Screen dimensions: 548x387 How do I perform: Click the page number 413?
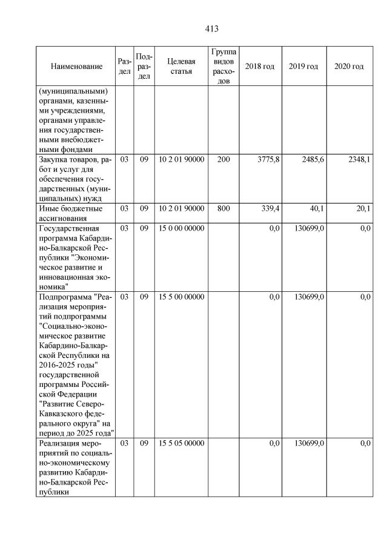click(211, 29)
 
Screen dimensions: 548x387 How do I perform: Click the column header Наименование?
click(76, 66)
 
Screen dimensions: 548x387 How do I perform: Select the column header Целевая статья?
click(182, 66)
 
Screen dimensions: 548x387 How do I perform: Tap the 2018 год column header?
click(259, 66)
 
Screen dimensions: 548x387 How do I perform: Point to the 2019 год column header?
click(303, 66)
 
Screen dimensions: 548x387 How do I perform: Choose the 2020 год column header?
click(349, 66)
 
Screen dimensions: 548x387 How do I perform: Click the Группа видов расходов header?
click(223, 66)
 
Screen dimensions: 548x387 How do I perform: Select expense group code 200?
click(223, 159)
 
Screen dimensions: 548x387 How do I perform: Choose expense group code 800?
click(223, 208)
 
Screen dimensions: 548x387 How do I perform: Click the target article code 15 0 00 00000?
click(182, 228)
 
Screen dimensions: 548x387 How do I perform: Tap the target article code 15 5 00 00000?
click(182, 297)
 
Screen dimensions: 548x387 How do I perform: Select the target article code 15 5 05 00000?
click(182, 444)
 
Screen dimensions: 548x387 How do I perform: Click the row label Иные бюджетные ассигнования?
click(70, 213)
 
